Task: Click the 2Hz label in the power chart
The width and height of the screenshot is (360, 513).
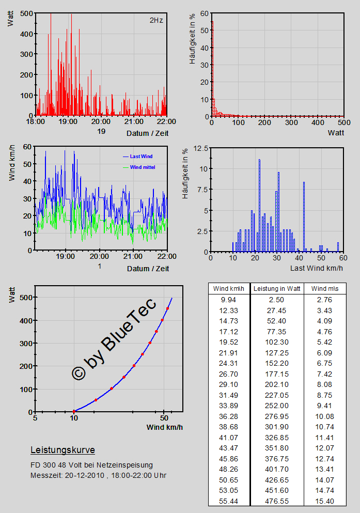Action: [155, 21]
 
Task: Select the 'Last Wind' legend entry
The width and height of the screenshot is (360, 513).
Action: [141, 156]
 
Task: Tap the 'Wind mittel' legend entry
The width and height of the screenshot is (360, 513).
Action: [143, 167]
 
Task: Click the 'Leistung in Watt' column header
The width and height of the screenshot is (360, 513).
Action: [276, 288]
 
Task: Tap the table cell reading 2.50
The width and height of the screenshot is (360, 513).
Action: [276, 300]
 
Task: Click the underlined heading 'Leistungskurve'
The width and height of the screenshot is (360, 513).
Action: [62, 450]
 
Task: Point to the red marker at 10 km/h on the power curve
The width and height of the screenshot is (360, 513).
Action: [74, 412]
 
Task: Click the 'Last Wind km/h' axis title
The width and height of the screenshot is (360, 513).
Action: [316, 268]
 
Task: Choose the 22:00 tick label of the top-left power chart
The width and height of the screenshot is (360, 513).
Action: [166, 122]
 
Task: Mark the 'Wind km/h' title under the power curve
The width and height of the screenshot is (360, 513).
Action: [164, 427]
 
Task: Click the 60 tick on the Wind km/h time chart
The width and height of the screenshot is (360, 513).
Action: [26, 147]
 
